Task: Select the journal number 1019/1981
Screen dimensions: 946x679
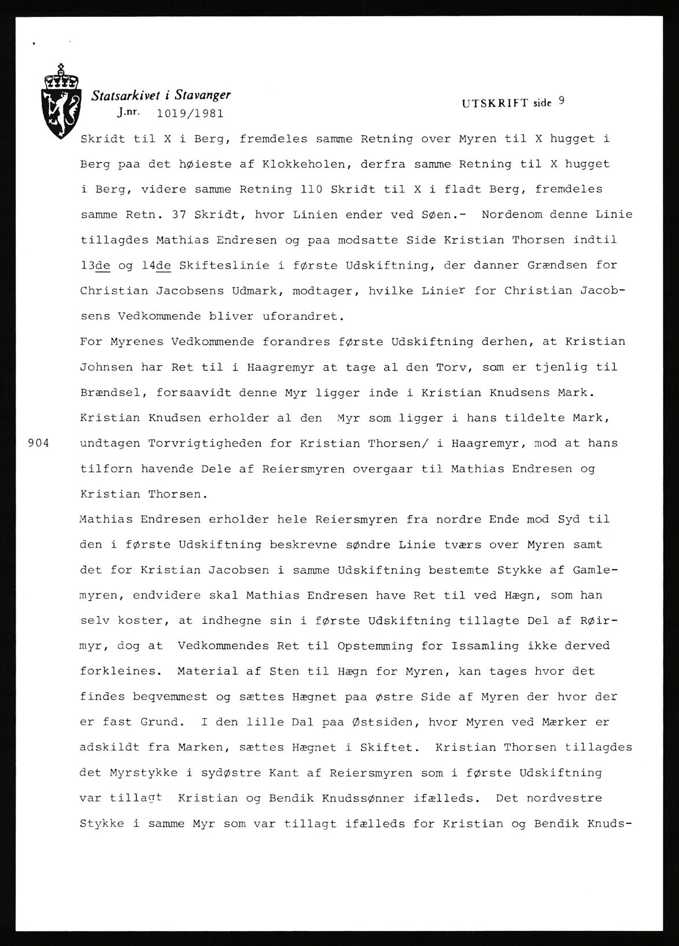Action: (x=190, y=113)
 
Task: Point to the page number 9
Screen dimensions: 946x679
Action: (x=562, y=101)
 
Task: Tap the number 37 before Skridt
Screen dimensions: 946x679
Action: (x=184, y=215)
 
